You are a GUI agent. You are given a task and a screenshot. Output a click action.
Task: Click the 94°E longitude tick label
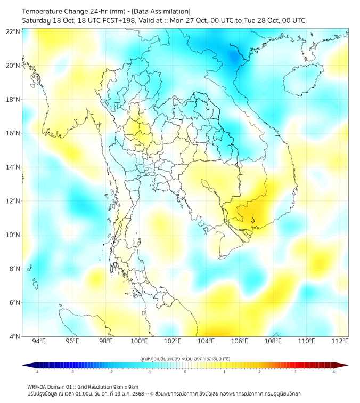pos(39,341)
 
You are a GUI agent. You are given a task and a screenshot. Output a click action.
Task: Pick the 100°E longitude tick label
pos(140,341)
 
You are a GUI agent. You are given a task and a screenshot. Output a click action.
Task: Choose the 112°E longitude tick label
pos(340,341)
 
